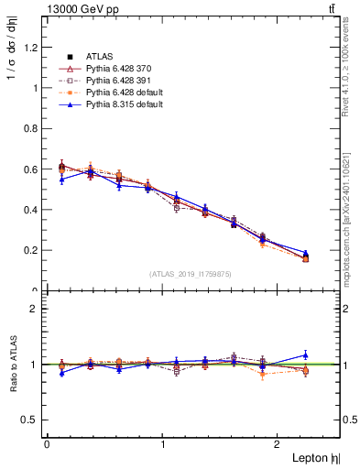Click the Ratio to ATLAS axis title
click(x=12, y=365)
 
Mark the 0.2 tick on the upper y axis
click(x=32, y=250)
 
